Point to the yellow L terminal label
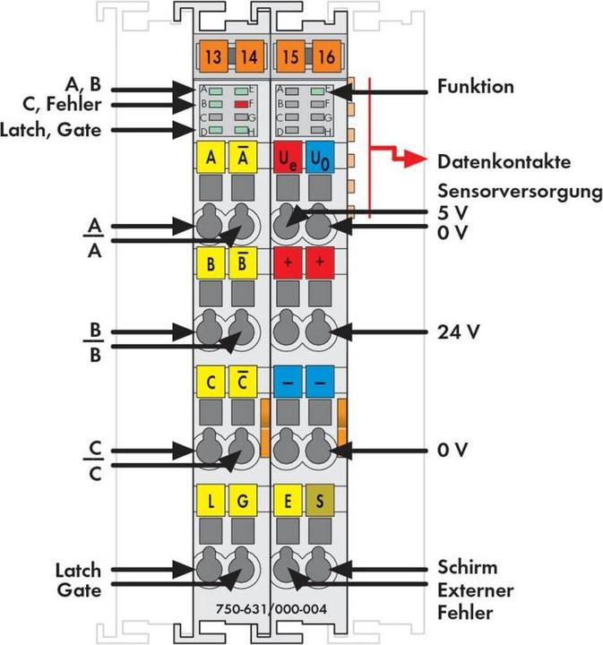pyautogui.click(x=211, y=500)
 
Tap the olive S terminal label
pyautogui.click(x=320, y=500)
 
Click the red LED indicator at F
pyautogui.click(x=240, y=105)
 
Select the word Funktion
pyautogui.click(x=476, y=88)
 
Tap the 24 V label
pyautogui.click(x=459, y=331)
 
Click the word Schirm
pyautogui.click(x=468, y=568)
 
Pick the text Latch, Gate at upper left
pyautogui.click(x=63, y=130)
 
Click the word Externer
pyautogui.click(x=476, y=590)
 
